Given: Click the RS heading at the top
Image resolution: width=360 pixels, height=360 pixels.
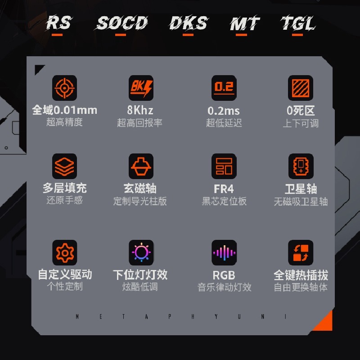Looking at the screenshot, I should click(x=58, y=22).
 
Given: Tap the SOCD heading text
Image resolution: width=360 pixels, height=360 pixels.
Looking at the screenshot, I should click(x=122, y=23).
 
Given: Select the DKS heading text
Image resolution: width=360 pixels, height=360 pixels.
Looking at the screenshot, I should click(x=189, y=23).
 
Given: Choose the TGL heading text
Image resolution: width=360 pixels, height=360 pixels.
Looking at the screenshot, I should click(x=298, y=23).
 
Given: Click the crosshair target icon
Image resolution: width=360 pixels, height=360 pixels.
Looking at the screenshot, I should click(x=64, y=88).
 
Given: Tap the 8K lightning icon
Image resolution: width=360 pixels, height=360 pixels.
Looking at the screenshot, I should click(x=141, y=88).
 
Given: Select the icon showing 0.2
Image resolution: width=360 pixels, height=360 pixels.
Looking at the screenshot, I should click(x=224, y=88).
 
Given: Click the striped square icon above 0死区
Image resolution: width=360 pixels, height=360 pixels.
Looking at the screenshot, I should click(x=300, y=88).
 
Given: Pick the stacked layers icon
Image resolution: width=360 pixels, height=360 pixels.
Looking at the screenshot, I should click(x=64, y=166).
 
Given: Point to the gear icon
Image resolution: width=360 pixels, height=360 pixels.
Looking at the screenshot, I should click(x=64, y=252).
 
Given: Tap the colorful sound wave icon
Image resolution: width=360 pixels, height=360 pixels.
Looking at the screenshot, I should click(x=224, y=252).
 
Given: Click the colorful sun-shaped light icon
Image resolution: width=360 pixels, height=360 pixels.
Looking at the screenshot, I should click(x=141, y=252).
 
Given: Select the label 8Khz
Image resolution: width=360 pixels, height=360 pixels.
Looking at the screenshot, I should click(x=140, y=110).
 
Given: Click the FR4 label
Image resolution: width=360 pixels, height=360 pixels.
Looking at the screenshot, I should click(x=224, y=189).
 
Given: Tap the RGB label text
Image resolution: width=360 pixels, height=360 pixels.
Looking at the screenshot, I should click(x=224, y=275).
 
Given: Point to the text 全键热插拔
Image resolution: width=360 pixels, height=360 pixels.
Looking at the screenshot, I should click(x=301, y=275).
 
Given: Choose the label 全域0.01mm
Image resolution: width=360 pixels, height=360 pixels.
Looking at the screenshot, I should click(x=64, y=110).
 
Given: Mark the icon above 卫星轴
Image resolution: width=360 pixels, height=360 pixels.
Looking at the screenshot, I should click(x=300, y=166).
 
